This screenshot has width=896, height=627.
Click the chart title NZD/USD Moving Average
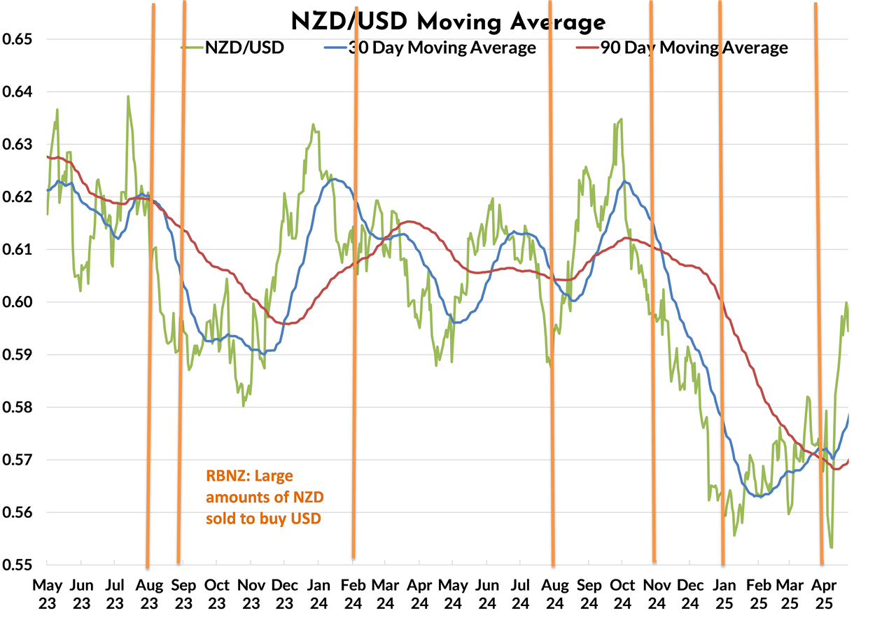click(x=448, y=22)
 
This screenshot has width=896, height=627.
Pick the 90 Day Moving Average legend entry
click(x=693, y=48)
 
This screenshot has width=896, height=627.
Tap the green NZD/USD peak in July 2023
click(x=128, y=97)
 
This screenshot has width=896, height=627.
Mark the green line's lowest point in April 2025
click(x=831, y=547)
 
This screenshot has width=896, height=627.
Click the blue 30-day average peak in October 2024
click(x=624, y=181)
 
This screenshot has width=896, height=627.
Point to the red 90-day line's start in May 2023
click(x=48, y=157)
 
